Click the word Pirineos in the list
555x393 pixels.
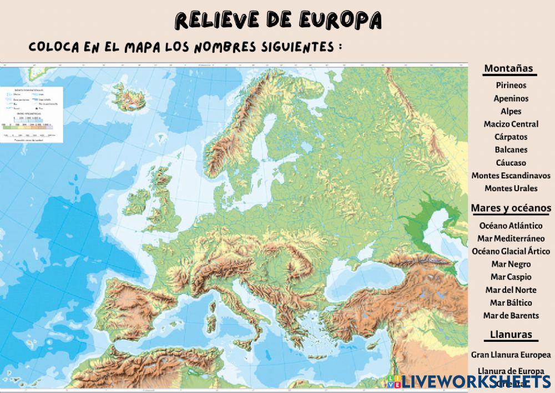point(511,86)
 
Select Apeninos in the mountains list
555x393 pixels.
point(511,98)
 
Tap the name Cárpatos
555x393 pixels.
point(511,137)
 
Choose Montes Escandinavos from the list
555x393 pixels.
point(511,176)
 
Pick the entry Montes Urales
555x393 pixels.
point(511,188)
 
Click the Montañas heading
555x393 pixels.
point(508,69)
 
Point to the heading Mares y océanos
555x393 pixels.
point(511,208)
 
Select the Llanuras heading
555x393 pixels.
point(511,335)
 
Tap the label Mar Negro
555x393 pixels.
point(511,265)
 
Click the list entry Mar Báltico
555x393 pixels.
point(511,303)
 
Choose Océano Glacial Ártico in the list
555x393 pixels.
point(511,251)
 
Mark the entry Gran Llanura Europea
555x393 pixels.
point(511,355)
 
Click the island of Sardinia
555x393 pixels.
point(210,322)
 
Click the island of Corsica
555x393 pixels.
point(213,304)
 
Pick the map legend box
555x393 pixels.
point(31,114)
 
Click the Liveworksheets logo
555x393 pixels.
point(471,381)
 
